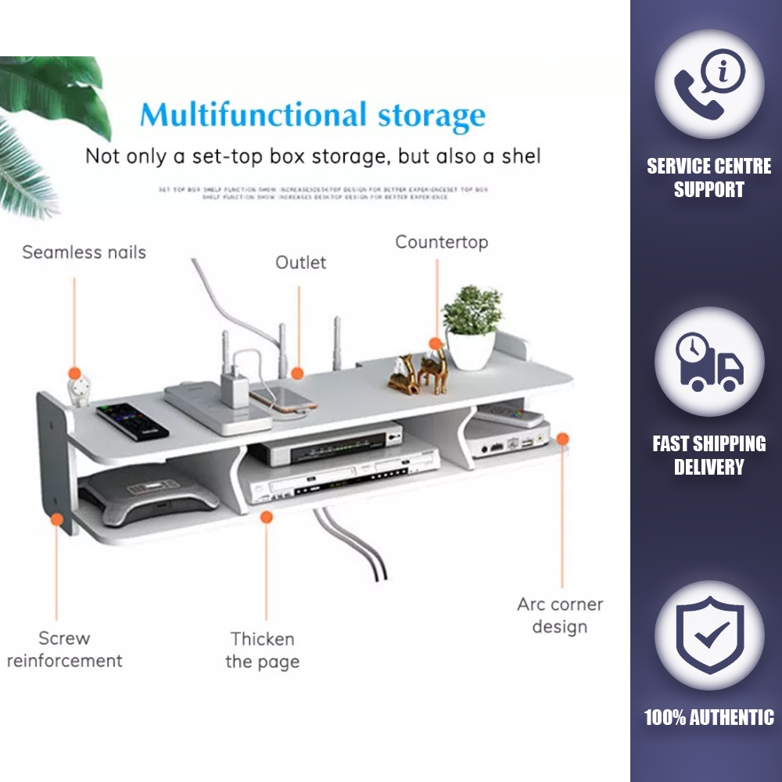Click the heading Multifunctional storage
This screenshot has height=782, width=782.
click(313, 115)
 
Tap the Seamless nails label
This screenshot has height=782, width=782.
click(84, 253)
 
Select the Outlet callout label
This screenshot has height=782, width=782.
click(300, 263)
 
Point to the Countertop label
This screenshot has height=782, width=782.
click(441, 242)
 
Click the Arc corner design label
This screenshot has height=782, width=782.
click(560, 615)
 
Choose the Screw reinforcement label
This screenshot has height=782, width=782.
click(64, 649)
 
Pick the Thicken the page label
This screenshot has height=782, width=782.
click(262, 650)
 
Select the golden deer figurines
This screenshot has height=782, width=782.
click(419, 371)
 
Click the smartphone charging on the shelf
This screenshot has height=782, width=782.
click(283, 399)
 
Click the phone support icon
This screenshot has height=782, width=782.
click(708, 84)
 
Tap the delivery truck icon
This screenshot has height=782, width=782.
click(708, 361)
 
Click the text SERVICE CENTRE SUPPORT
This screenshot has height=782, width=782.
click(708, 178)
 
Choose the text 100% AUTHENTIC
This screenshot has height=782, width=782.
click(708, 717)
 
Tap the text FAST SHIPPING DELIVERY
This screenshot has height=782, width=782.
click(708, 455)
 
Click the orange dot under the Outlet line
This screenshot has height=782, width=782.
click(298, 373)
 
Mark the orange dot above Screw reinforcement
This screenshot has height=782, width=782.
click(56, 518)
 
